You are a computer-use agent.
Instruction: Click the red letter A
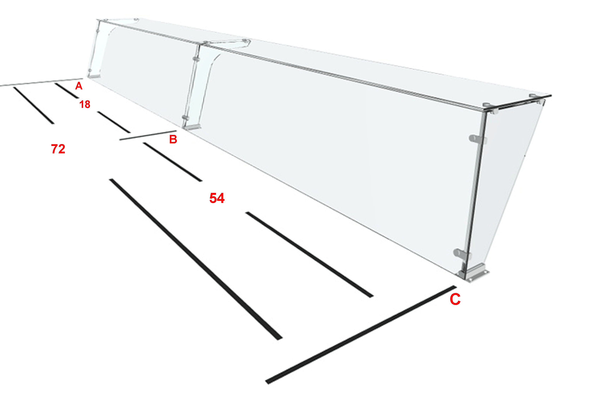(79, 86)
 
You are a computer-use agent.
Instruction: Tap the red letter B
(173, 139)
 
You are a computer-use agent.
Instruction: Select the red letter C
(455, 299)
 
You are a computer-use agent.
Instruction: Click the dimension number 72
(58, 149)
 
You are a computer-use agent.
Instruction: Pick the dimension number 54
(217, 198)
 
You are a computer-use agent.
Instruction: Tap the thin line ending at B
(148, 135)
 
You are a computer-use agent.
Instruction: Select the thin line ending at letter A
(41, 82)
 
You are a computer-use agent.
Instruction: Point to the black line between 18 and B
(114, 122)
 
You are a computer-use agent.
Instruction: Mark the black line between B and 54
(173, 162)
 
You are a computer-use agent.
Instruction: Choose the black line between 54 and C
(309, 255)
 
